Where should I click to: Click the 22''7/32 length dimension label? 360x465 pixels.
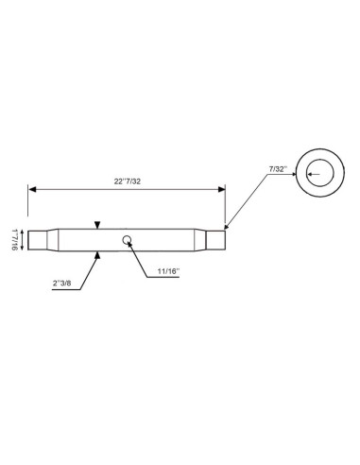pyautogui.click(x=128, y=181)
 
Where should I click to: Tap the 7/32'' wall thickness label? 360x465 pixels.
pyautogui.click(x=278, y=169)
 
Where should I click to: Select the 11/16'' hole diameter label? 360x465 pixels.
pyautogui.click(x=168, y=271)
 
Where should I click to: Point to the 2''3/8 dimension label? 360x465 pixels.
pyautogui.click(x=62, y=283)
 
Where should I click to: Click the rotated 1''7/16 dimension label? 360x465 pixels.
pyautogui.click(x=14, y=240)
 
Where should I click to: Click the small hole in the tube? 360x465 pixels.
pyautogui.click(x=127, y=240)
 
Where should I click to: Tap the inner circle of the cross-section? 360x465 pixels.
pyautogui.click(x=320, y=173)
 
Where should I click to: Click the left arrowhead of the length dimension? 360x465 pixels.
pyautogui.click(x=32, y=189)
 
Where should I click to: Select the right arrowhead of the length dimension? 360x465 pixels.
pyautogui.click(x=222, y=189)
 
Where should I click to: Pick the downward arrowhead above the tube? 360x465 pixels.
pyautogui.click(x=97, y=225)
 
